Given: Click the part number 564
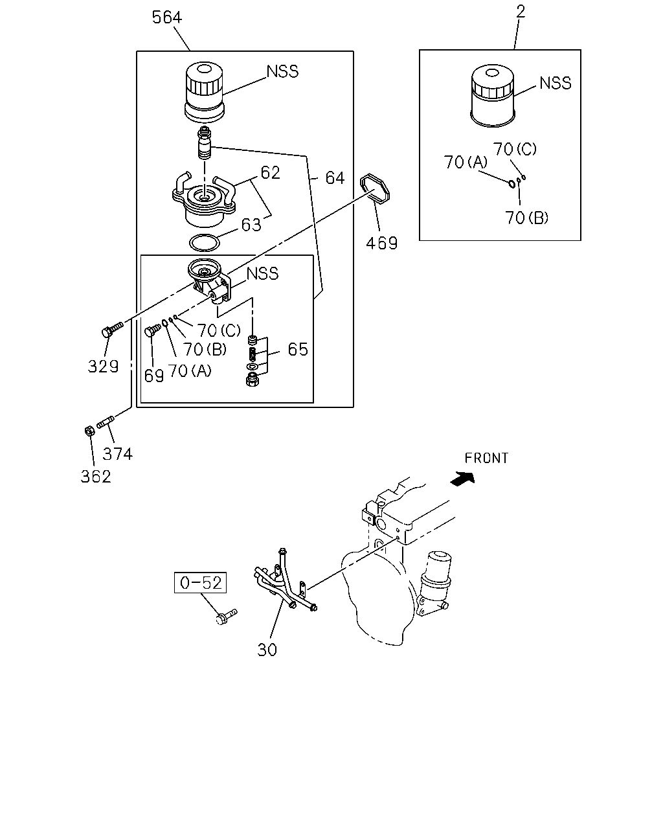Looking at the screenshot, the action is click(166, 17).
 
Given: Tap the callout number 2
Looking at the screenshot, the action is click(520, 12).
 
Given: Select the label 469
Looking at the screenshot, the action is click(381, 243).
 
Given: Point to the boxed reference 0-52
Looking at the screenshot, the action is click(200, 582).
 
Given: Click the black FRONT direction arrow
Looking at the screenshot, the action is click(463, 479).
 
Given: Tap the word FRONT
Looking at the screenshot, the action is click(486, 458).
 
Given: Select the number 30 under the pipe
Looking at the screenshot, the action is click(267, 650).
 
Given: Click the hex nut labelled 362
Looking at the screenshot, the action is click(90, 431).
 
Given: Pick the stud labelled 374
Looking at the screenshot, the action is click(105, 422).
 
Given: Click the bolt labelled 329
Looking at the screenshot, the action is click(113, 330).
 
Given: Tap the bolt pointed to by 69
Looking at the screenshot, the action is click(153, 330).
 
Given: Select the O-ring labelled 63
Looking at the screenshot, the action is click(204, 243).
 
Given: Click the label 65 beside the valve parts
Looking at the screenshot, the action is click(298, 349).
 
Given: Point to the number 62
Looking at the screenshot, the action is click(270, 172).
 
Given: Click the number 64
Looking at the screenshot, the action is click(335, 178).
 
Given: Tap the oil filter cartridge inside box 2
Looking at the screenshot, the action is click(493, 96).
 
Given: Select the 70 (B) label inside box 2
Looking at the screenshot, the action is click(526, 218).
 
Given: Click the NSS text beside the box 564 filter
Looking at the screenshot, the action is click(282, 71).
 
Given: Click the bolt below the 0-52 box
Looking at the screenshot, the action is click(226, 617).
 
